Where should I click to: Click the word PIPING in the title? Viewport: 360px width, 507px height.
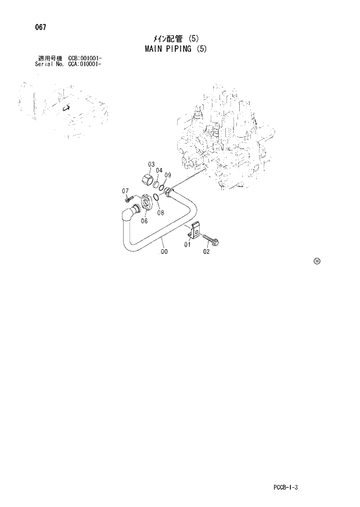[177, 49]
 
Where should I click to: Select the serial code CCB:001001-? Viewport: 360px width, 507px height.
[85, 59]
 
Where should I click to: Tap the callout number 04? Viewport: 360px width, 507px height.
[159, 170]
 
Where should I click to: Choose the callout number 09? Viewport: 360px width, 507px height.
[167, 175]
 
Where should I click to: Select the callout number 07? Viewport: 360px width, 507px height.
[124, 190]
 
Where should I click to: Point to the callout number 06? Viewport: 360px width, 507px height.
[144, 220]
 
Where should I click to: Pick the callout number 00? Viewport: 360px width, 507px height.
[164, 251]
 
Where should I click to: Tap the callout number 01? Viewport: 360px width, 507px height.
[188, 245]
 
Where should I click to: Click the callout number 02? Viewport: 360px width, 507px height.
[206, 251]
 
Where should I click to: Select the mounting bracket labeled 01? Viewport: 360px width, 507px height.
[196, 231]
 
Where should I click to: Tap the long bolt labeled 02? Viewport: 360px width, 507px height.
[210, 239]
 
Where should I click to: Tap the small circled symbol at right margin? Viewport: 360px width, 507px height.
[316, 261]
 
